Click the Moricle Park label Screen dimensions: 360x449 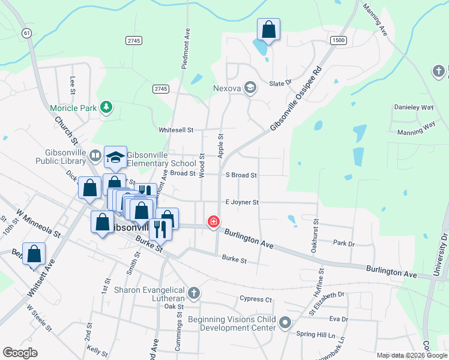pyautogui.click(x=74, y=108)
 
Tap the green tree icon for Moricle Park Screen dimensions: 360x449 pyautogui.click(x=106, y=107)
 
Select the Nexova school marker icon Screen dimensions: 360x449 pyautogui.click(x=250, y=88)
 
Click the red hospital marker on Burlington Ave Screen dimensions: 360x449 pyautogui.click(x=212, y=222)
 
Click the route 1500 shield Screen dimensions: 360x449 pyautogui.click(x=338, y=40)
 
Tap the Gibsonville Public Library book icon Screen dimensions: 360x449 pyautogui.click(x=95, y=156)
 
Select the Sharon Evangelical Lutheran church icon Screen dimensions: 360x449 pyautogui.click(x=193, y=293)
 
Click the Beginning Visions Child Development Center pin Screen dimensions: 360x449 pyautogui.click(x=285, y=323)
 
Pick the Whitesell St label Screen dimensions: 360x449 pyautogui.click(x=176, y=130)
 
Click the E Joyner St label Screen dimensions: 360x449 pyautogui.click(x=241, y=203)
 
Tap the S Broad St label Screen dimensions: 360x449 pyautogui.click(x=241, y=175)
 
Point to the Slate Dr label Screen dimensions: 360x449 pyautogui.click(x=280, y=83)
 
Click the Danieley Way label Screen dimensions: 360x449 pyautogui.click(x=413, y=107)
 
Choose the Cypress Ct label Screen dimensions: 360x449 pyautogui.click(x=256, y=299)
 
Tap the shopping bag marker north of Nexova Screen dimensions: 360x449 pyautogui.click(x=269, y=30)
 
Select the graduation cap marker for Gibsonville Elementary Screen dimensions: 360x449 pyautogui.click(x=116, y=158)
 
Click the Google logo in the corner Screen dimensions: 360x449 pyautogui.click(x=20, y=353)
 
